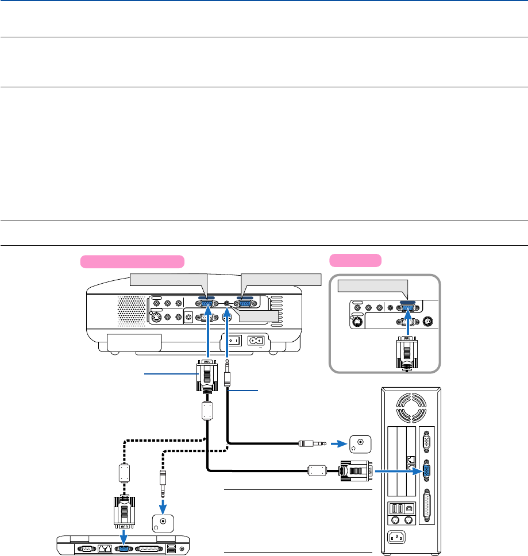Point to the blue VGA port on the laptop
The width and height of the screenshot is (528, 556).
pos(124,548)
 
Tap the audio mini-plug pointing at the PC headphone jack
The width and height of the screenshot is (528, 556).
pos(313,443)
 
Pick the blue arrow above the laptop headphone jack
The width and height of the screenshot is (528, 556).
pos(163,504)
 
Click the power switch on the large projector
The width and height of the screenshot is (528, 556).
pos(233,340)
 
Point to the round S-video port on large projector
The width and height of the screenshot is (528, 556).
pos(155,317)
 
